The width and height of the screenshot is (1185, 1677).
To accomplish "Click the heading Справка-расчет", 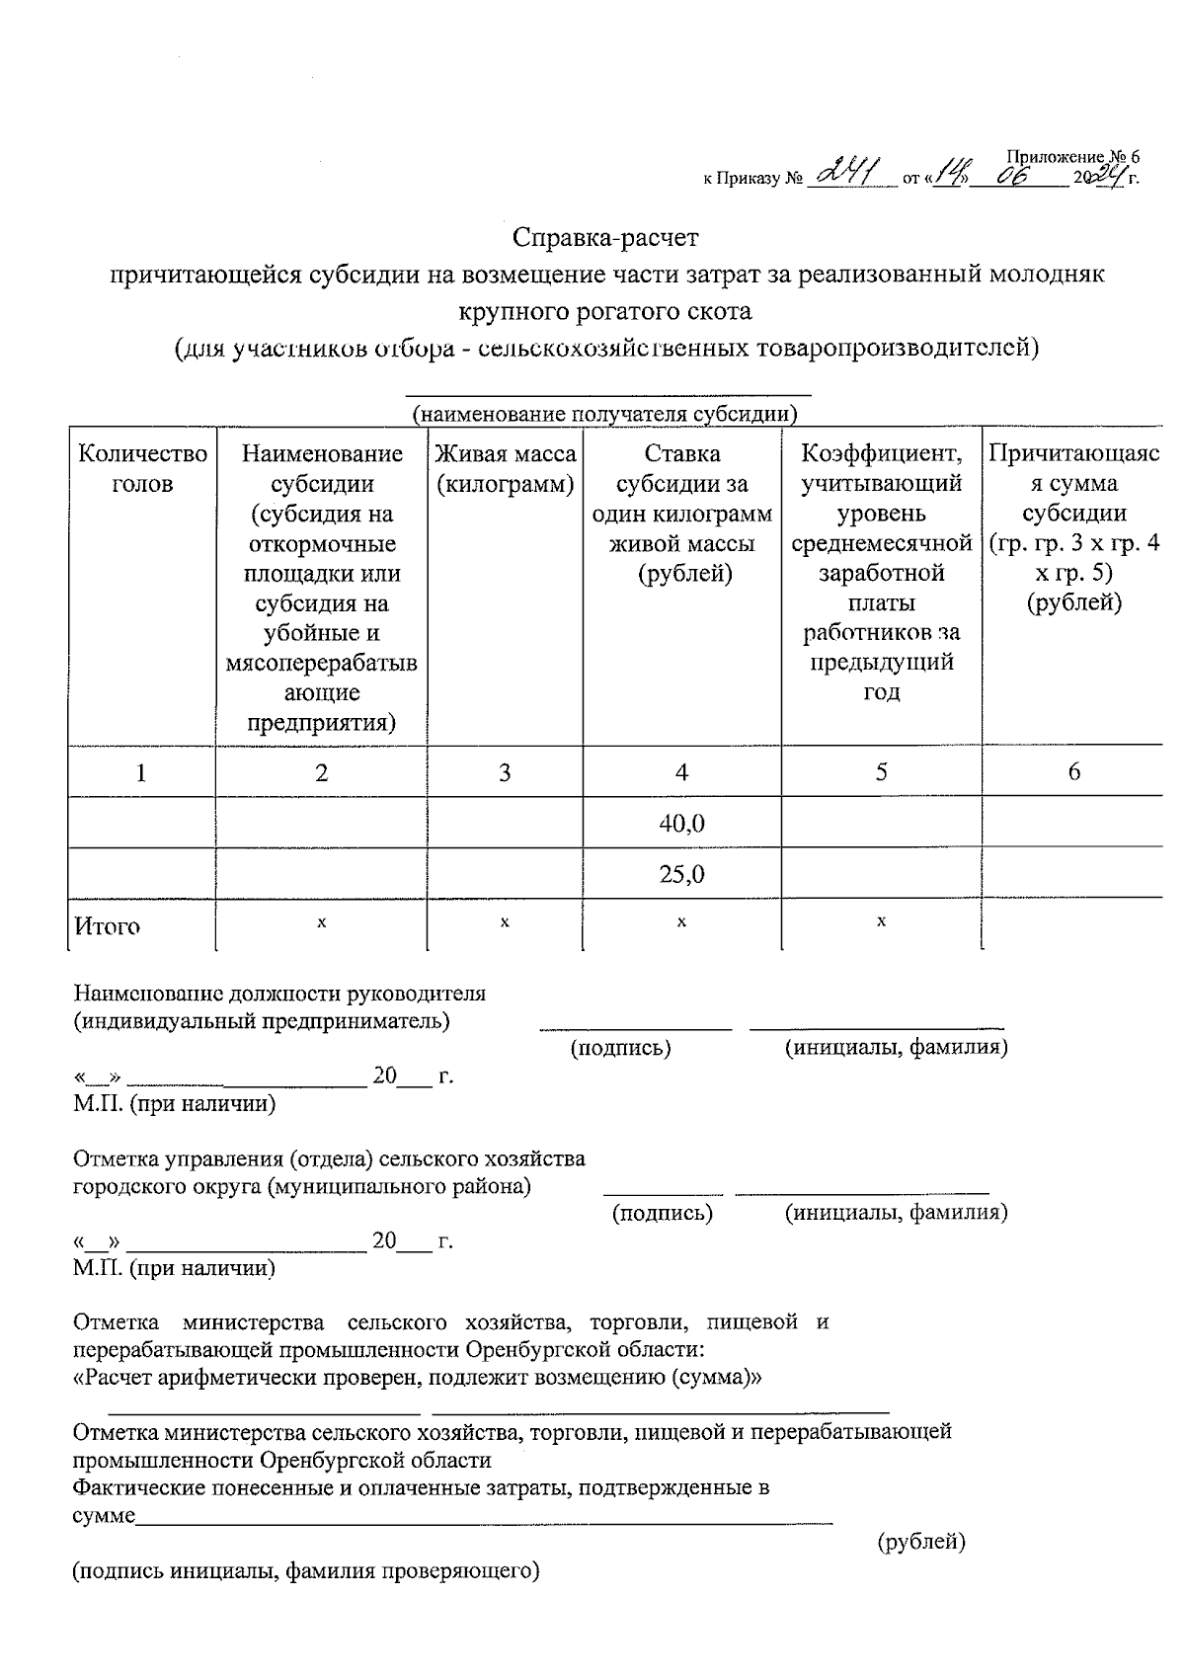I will tap(605, 238).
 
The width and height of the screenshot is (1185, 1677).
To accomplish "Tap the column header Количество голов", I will tap(142, 468).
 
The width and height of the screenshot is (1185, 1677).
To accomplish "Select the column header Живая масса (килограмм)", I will tap(505, 468).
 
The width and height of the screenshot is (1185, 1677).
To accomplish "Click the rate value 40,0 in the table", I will tap(681, 824).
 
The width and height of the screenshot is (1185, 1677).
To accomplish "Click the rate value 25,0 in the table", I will tap(681, 874).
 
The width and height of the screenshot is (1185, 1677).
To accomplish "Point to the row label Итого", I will tap(108, 926).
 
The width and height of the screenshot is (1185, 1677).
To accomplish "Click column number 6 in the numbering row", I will tap(1073, 772).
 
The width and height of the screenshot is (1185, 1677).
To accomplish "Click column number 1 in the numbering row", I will tap(142, 772).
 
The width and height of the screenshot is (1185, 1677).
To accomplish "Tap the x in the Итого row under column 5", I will tap(881, 921).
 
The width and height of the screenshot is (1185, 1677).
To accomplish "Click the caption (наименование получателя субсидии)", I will tap(604, 414).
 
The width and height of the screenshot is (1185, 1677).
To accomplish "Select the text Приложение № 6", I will tap(1072, 156).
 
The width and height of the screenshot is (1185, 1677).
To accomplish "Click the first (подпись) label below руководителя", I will tap(621, 1048).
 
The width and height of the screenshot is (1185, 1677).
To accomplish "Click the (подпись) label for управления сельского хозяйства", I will tap(663, 1212).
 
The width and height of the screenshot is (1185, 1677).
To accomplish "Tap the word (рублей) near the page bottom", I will tap(921, 1541).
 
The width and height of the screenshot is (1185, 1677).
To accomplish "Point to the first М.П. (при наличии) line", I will tap(175, 1104).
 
